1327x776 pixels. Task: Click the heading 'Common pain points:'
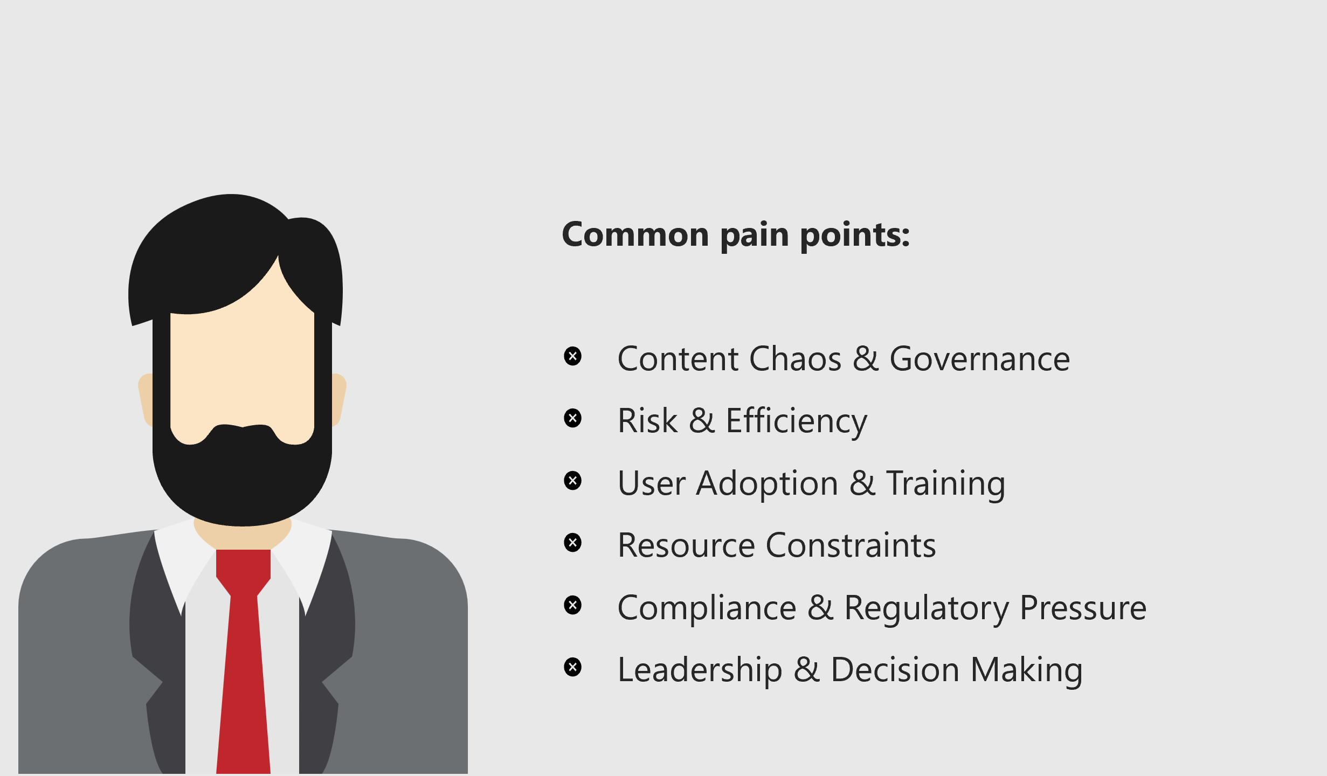(x=736, y=235)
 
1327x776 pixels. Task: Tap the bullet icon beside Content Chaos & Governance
(x=572, y=356)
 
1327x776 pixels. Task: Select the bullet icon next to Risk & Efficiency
(x=572, y=418)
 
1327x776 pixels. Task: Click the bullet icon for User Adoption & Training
(x=572, y=481)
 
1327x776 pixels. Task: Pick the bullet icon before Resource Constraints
(x=572, y=543)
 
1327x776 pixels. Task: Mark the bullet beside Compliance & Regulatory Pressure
(x=572, y=605)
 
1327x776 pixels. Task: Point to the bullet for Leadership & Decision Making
(x=572, y=667)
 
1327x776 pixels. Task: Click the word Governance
(x=979, y=359)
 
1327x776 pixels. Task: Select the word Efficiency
(x=797, y=421)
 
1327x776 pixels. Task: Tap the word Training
(x=946, y=483)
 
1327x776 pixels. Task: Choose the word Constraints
(x=851, y=545)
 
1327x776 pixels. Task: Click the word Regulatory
(x=927, y=608)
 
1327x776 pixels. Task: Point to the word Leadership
(x=700, y=670)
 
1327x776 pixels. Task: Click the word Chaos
(x=795, y=359)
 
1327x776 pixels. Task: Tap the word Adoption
(x=767, y=483)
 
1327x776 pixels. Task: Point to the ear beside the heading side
(x=339, y=399)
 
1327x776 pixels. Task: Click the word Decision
(x=895, y=670)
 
